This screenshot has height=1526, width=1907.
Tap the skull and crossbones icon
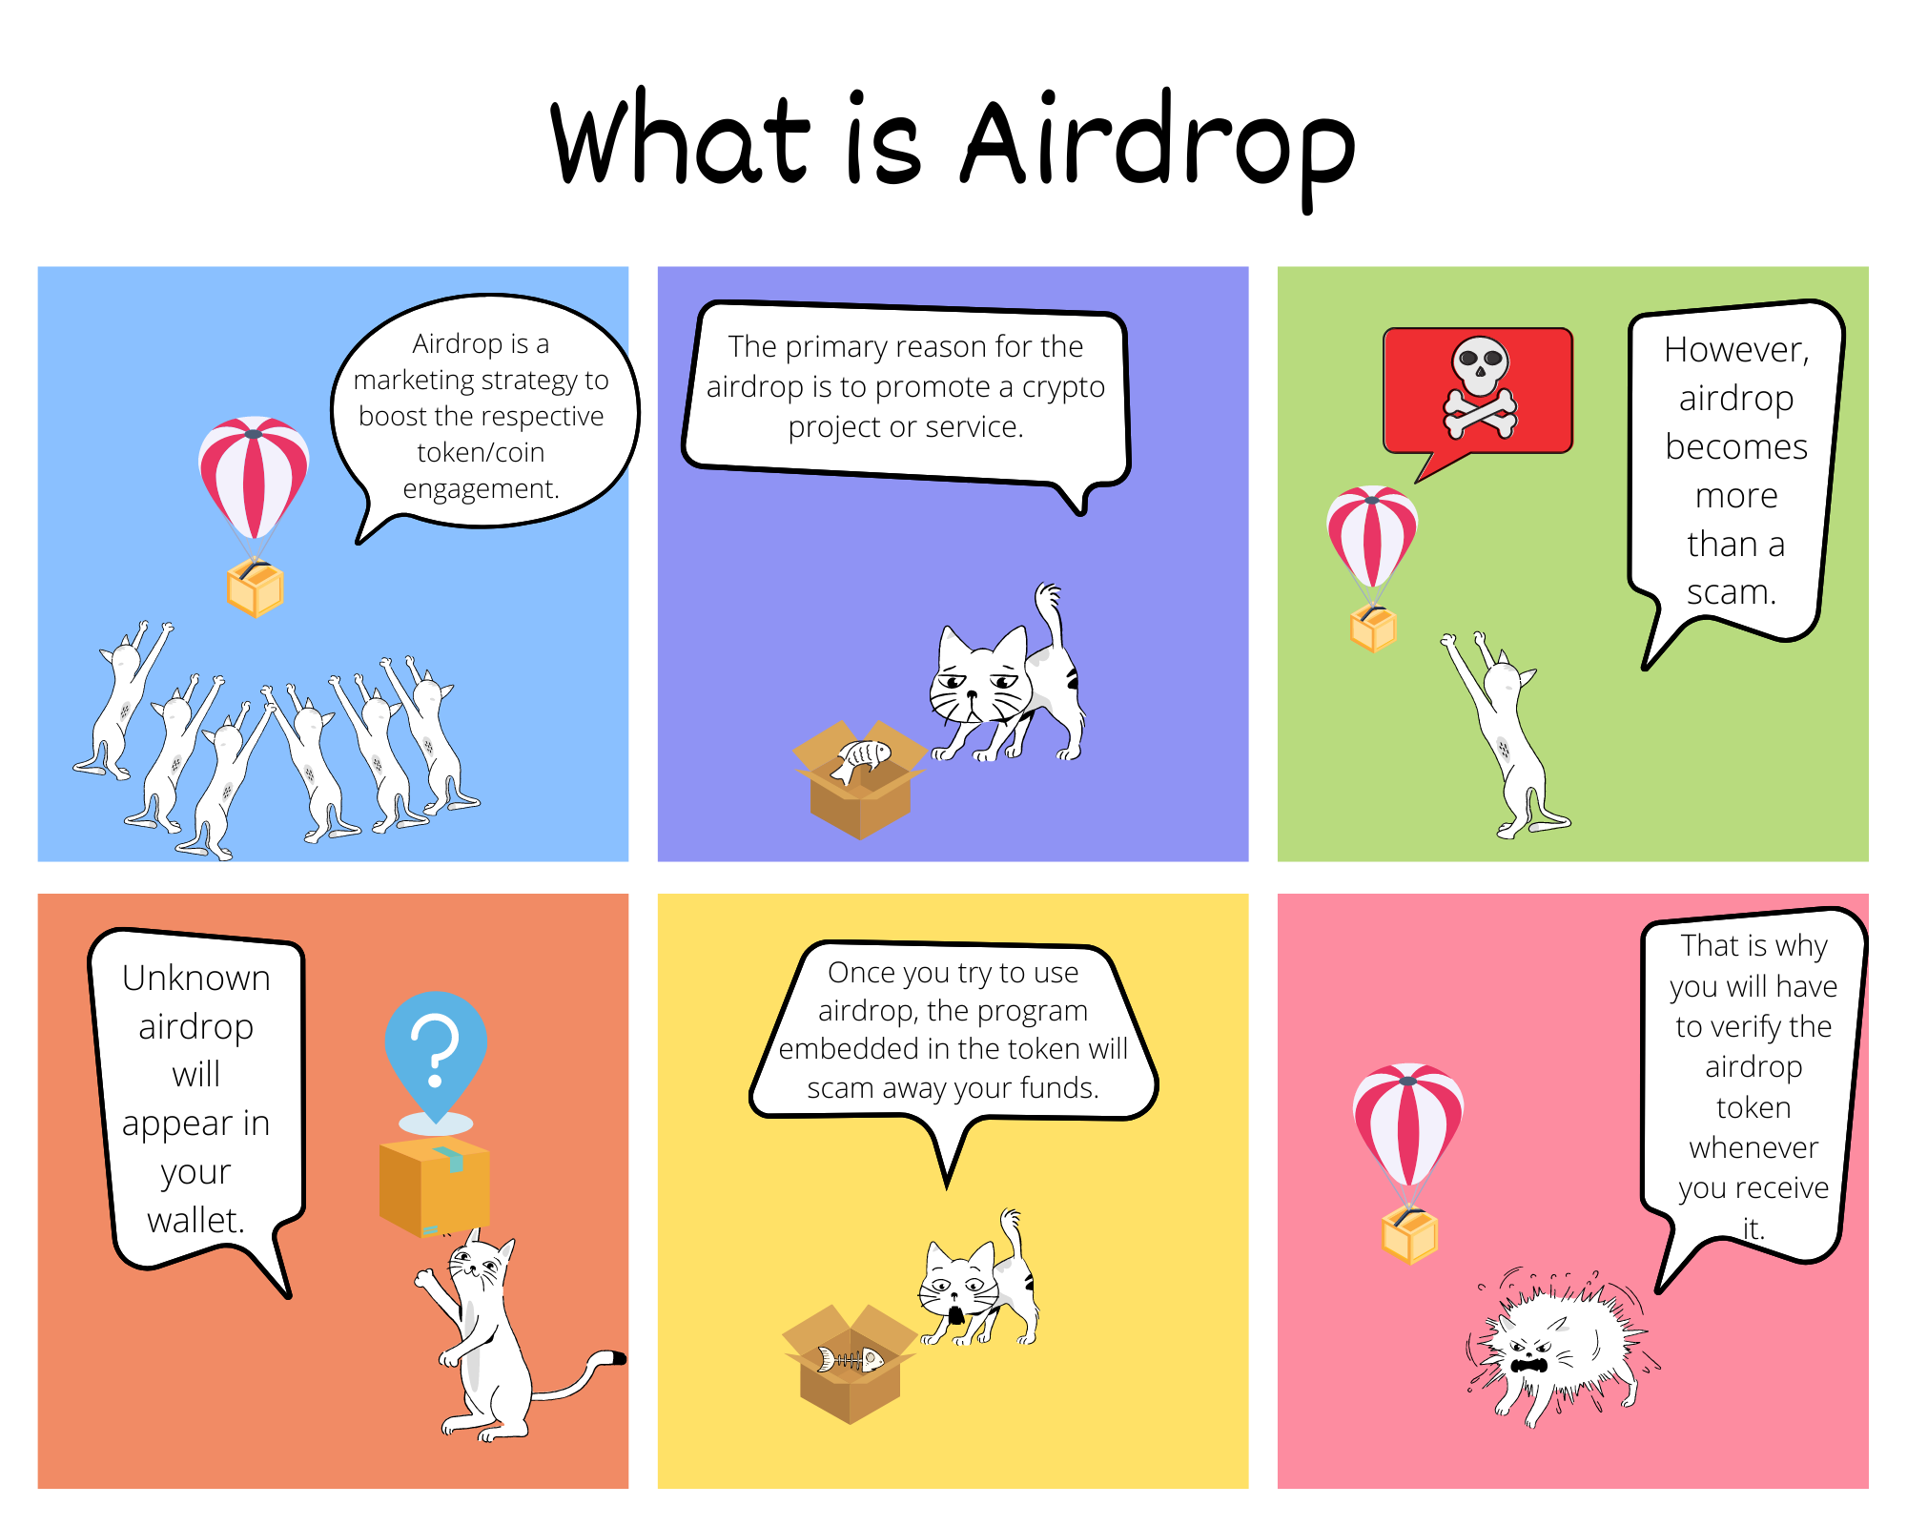1480,387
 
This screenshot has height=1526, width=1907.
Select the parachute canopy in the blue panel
254,476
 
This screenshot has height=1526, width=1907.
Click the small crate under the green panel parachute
1373,629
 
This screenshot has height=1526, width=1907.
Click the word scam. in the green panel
1732,592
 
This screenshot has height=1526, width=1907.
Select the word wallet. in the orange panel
196,1220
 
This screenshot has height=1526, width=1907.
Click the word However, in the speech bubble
1736,350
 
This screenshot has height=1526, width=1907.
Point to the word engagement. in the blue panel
481,489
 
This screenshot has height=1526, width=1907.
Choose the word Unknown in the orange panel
196,978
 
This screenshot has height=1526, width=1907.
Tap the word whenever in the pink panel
1753,1147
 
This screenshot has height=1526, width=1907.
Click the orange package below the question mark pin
435,1186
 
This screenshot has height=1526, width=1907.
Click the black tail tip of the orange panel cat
617,1357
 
